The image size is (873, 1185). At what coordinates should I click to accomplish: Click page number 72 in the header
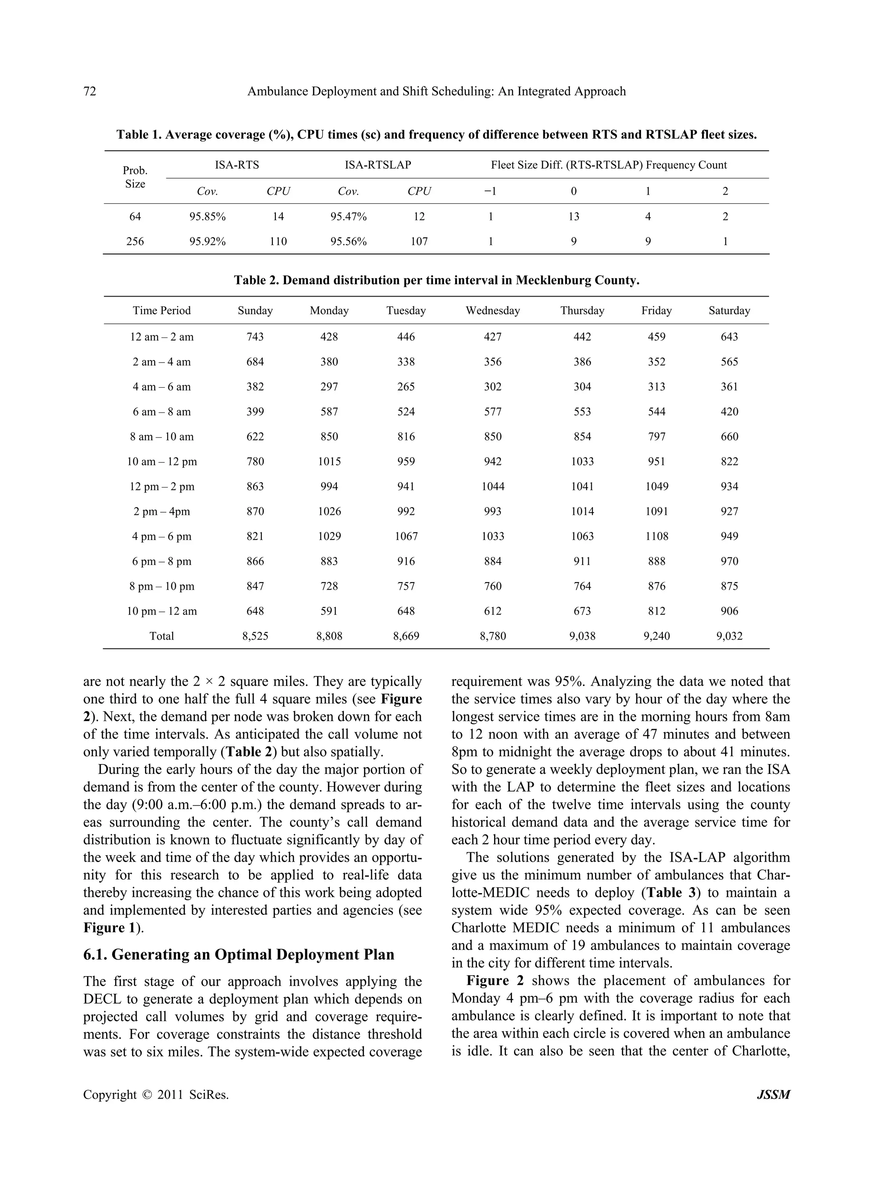tap(90, 91)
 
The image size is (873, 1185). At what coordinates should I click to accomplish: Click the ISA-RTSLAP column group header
tap(378, 165)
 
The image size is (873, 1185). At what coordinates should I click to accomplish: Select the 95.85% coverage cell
tap(208, 216)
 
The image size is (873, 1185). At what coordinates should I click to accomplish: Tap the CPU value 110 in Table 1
tap(278, 242)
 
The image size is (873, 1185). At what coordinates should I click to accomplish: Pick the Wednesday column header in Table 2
tap(492, 311)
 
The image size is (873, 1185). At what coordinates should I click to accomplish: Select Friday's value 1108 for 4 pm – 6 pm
tap(656, 536)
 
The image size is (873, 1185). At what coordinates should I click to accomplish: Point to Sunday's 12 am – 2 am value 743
tap(255, 337)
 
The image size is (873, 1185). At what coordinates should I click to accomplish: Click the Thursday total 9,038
tap(582, 636)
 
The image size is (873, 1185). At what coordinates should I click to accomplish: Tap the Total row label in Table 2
tap(162, 636)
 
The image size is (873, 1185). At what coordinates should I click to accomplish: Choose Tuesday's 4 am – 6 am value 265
tap(406, 387)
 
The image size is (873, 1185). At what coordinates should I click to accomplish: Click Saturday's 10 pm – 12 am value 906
tap(729, 611)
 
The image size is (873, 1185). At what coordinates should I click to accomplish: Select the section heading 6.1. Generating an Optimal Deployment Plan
tap(239, 954)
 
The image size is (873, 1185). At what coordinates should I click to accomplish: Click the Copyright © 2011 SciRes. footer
tap(156, 1095)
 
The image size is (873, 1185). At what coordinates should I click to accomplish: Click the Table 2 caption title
tap(436, 280)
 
